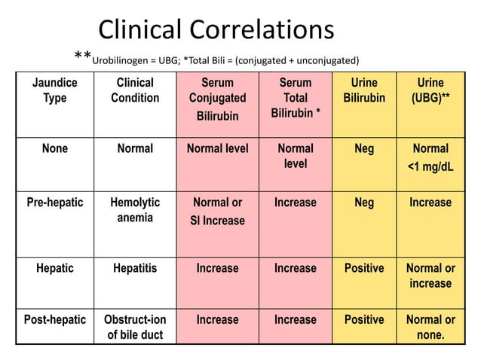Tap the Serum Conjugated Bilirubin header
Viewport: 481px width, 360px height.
pos(216,99)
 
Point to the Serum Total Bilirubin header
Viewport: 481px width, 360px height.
pos(295,98)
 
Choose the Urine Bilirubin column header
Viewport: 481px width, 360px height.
pos(363,90)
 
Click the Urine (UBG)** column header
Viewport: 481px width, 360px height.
pos(430,90)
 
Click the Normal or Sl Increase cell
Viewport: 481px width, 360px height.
pos(216,212)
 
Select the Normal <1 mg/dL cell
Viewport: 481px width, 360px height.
pos(430,157)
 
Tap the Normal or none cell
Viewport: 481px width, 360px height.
pos(430,327)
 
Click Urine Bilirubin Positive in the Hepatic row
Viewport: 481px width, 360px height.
pos(363,268)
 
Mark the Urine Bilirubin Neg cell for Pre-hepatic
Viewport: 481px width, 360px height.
pos(363,203)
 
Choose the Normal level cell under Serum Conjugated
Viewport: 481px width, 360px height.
pos(216,148)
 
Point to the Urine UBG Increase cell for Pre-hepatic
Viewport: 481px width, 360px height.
pos(430,203)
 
